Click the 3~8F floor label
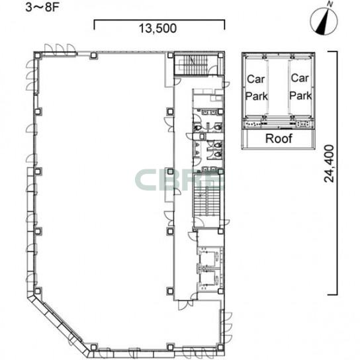[x=42, y=7]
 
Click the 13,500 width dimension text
[x=157, y=28]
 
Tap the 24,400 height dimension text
[x=329, y=163]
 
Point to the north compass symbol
[x=324, y=21]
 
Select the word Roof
[x=279, y=138]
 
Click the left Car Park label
[x=256, y=88]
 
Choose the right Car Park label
[x=300, y=87]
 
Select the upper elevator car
[x=208, y=256]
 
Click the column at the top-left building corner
[x=38, y=56]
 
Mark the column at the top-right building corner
[x=220, y=55]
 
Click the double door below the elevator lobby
[x=185, y=305]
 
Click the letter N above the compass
[x=330, y=4]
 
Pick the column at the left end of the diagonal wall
[x=38, y=292]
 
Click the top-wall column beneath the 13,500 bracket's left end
[x=94, y=56]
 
